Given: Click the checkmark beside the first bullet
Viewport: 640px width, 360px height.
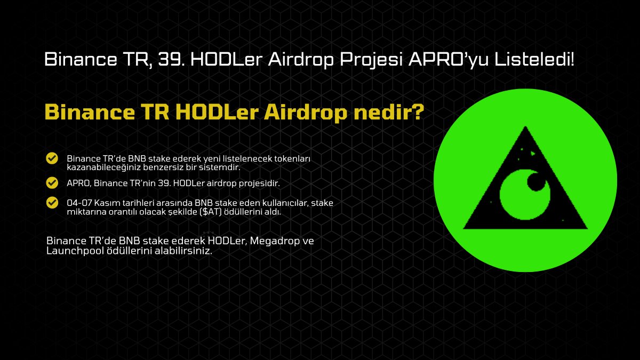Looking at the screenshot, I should click(x=52, y=158).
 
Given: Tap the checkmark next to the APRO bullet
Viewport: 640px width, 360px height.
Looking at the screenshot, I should click(x=52, y=183).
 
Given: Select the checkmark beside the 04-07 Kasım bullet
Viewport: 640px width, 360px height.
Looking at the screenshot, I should click(x=52, y=203).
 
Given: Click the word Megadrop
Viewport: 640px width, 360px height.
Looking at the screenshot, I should click(x=274, y=241).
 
